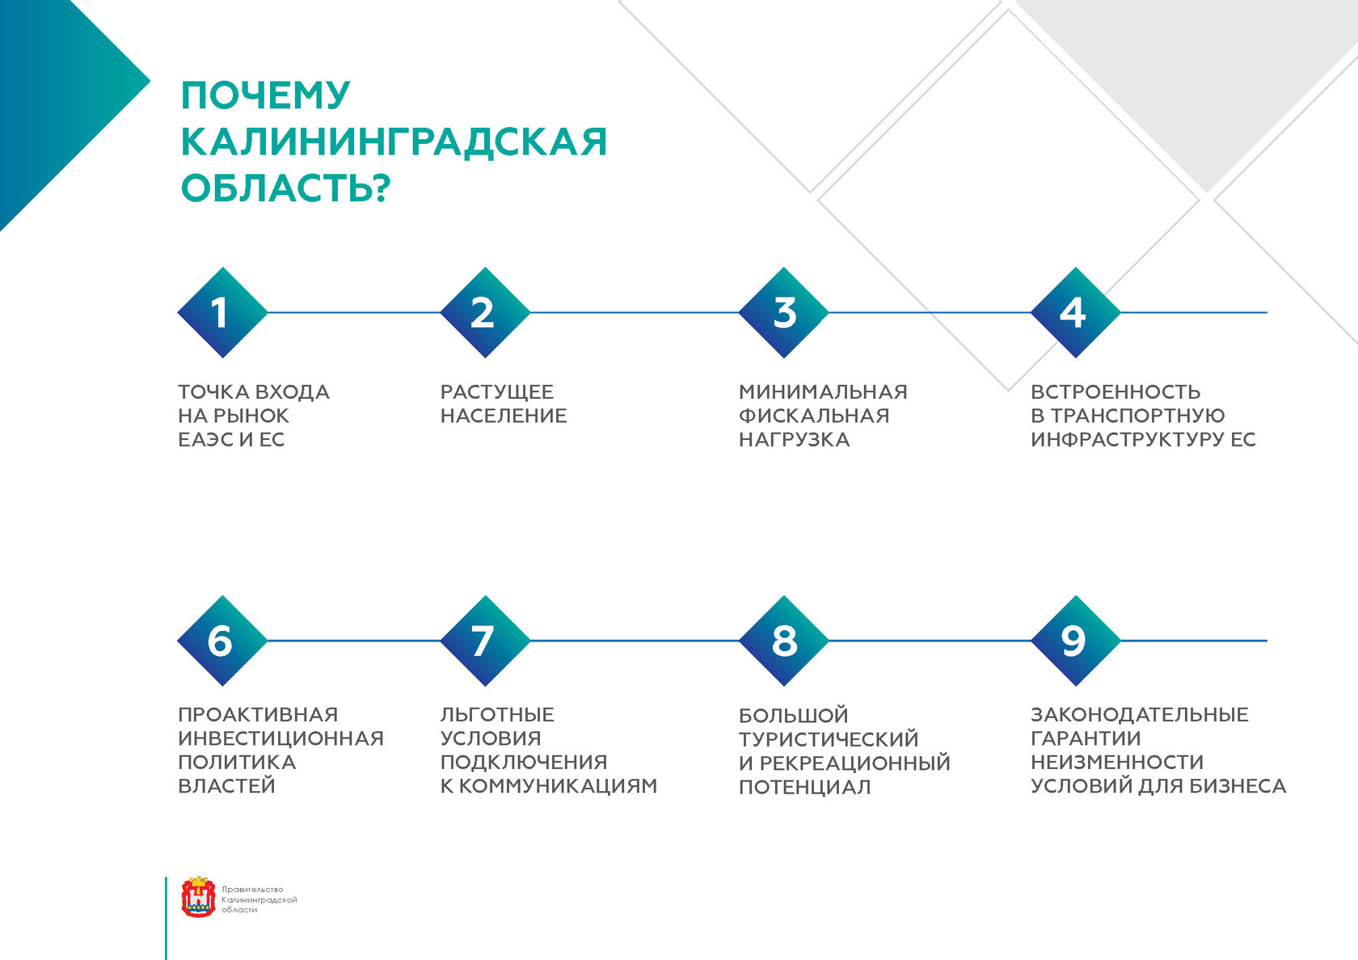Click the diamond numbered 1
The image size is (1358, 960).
tap(222, 312)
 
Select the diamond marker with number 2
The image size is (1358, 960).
tap(485, 312)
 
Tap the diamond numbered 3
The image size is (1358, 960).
tap(783, 312)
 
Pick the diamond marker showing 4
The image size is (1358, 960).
tap(1075, 312)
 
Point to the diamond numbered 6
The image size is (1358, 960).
tap(222, 641)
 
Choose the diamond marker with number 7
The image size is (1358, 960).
tap(485, 641)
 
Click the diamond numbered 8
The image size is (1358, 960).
tap(783, 641)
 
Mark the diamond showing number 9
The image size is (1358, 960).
tap(1075, 641)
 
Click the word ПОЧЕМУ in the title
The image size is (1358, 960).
tap(265, 95)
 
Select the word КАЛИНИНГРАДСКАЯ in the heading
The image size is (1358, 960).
tap(394, 142)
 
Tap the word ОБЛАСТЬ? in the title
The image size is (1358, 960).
tap(285, 188)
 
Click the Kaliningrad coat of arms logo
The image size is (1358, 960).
tap(198, 897)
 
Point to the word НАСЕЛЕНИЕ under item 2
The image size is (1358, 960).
tap(504, 416)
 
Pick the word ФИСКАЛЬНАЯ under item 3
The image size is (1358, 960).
tap(814, 416)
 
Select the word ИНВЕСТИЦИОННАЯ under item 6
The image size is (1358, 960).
tap(280, 738)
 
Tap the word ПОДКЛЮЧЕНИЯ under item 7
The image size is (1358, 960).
tap(524, 762)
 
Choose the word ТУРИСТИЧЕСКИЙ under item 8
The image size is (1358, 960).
tap(829, 739)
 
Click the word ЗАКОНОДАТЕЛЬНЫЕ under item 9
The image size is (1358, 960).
tap(1140, 714)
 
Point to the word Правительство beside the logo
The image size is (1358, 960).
tap(252, 889)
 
